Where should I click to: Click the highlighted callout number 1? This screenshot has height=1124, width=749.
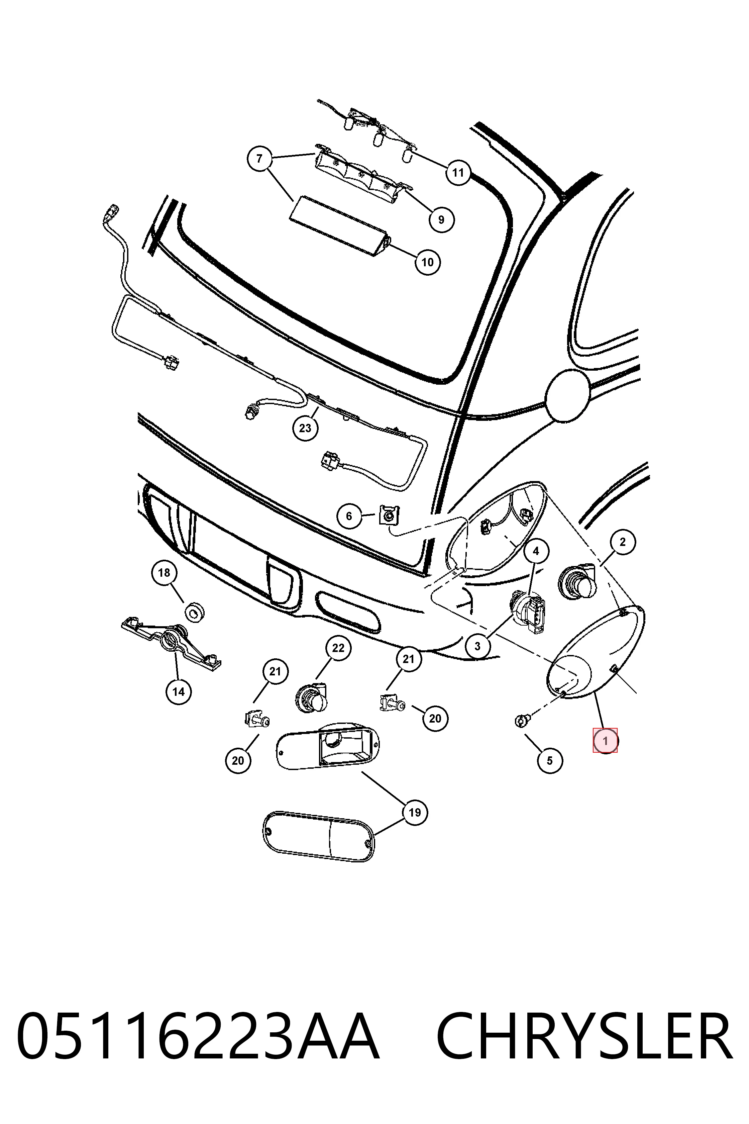tap(605, 741)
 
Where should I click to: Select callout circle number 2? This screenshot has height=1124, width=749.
tap(622, 542)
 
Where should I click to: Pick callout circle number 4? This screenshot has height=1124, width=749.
tap(536, 551)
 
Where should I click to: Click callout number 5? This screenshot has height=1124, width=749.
tap(550, 760)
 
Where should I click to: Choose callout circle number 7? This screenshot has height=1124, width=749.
tap(259, 158)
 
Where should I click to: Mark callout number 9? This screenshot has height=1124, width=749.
tap(441, 219)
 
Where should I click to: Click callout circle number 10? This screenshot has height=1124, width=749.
tap(428, 262)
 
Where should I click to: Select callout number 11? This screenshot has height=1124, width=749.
tap(458, 173)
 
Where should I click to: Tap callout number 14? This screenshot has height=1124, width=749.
tap(178, 691)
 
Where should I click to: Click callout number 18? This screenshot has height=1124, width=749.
tap(164, 572)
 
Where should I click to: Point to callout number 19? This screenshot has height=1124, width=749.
tap(415, 813)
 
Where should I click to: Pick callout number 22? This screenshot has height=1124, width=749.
tap(338, 648)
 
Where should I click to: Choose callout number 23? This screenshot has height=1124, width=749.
tap(305, 428)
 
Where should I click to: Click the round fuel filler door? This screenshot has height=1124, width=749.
tap(568, 395)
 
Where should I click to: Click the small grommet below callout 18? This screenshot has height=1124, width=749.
tap(194, 612)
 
